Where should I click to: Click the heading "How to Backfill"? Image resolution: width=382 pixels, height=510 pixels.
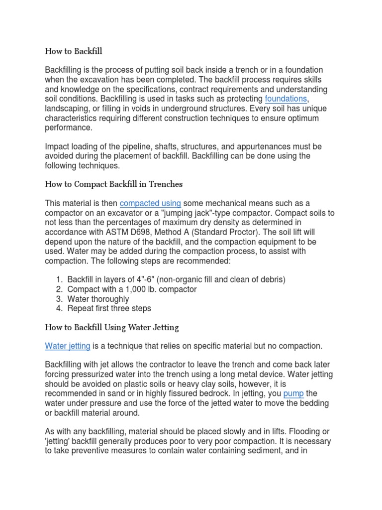pyautogui.click(x=74, y=51)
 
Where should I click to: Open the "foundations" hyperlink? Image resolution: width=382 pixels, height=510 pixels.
pyautogui.click(x=286, y=99)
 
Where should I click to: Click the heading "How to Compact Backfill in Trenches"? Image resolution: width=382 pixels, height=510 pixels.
pyautogui.click(x=114, y=184)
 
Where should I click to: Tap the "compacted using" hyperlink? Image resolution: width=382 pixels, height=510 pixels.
pyautogui.click(x=150, y=203)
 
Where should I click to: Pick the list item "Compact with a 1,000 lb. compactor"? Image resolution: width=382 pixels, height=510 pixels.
pyautogui.click(x=132, y=289)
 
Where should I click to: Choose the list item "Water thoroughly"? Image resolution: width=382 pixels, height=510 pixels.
pyautogui.click(x=98, y=299)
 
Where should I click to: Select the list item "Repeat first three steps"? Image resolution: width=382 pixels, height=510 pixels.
pyautogui.click(x=109, y=309)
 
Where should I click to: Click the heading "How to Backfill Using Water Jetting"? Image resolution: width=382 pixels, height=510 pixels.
pyautogui.click(x=112, y=327)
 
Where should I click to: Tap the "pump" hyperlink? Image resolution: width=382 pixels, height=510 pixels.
pyautogui.click(x=293, y=393)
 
